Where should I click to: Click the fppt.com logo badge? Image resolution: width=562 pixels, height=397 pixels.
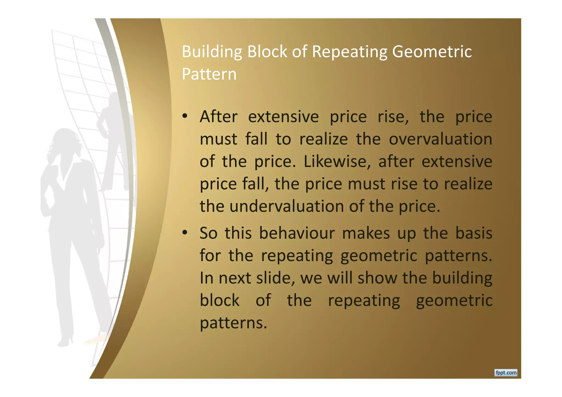click(506, 373)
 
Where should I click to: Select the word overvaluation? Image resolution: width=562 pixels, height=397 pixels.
click(440, 139)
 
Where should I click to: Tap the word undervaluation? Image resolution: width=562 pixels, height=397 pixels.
click(286, 206)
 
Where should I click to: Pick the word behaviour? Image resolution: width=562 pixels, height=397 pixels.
click(297, 233)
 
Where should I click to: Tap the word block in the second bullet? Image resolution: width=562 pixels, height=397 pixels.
click(220, 300)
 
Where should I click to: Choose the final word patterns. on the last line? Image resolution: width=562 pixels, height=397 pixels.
click(233, 323)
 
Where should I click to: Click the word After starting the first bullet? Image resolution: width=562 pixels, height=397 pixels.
click(218, 117)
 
